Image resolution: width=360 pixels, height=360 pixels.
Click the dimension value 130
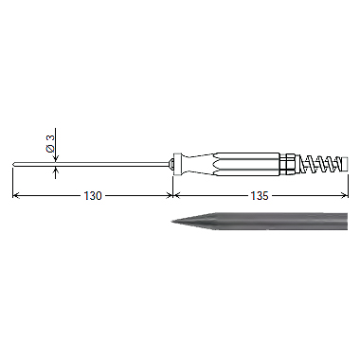[x=93, y=196]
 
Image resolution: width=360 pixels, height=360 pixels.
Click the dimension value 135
[x=260, y=196]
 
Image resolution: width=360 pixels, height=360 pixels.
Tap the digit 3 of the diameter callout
[x=50, y=137]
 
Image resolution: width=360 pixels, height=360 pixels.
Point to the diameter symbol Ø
[x=50, y=148]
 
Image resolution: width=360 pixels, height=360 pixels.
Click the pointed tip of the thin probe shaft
[x=13, y=164]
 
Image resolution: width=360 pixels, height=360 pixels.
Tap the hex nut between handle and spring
[x=290, y=164]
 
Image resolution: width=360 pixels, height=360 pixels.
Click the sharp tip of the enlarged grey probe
[x=172, y=222]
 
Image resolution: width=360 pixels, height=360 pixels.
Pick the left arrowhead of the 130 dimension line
[x=15, y=196]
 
